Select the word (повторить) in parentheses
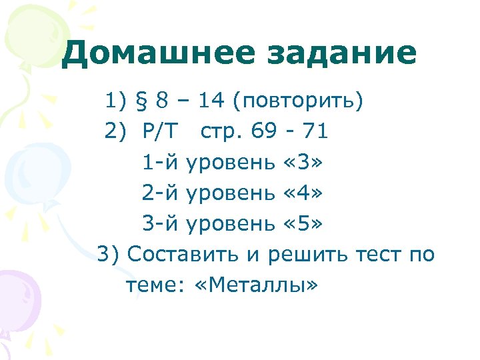click(x=299, y=101)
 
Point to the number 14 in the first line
click(x=211, y=101)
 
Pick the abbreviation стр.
click(x=223, y=132)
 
